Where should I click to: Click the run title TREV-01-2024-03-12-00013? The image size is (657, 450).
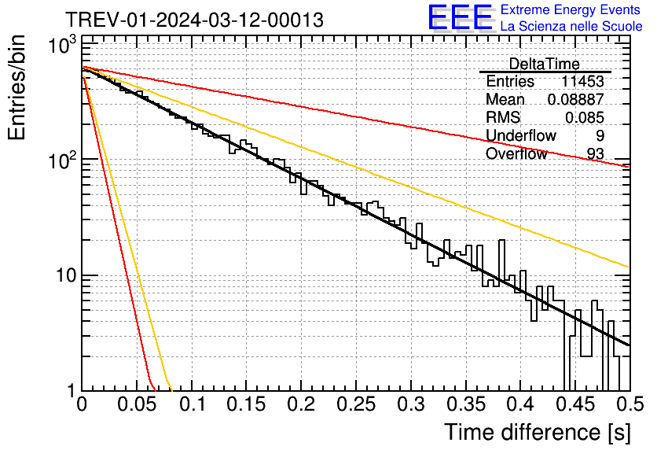[x=194, y=20]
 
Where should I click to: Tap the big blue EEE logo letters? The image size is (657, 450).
[x=460, y=17]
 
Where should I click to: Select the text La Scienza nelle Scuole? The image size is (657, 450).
[x=571, y=26]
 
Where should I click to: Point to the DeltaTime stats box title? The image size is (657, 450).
[x=544, y=64]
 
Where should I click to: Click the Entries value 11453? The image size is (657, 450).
[x=582, y=82]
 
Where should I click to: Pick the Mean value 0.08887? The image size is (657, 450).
[x=575, y=100]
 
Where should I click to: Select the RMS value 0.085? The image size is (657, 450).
[x=584, y=118]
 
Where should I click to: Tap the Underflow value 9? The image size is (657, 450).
[x=600, y=136]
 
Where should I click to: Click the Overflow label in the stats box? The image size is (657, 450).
[x=516, y=154]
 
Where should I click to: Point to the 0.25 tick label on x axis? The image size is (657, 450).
[x=356, y=407]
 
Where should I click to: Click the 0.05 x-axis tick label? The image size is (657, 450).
[x=137, y=407]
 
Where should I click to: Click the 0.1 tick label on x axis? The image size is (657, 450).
[x=192, y=407]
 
